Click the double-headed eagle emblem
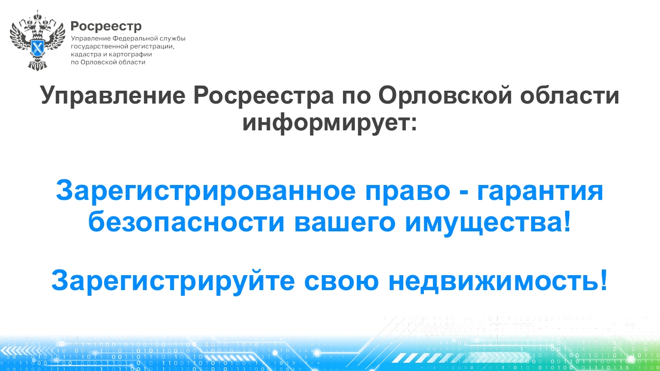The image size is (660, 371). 38,40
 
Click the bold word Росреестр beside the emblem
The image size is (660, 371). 106,26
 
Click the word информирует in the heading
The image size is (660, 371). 329,123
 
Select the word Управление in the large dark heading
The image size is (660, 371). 112,96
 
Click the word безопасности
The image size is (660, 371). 186,222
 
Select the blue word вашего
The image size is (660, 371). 345,223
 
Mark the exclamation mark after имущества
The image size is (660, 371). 567,221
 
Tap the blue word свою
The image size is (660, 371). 341,282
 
